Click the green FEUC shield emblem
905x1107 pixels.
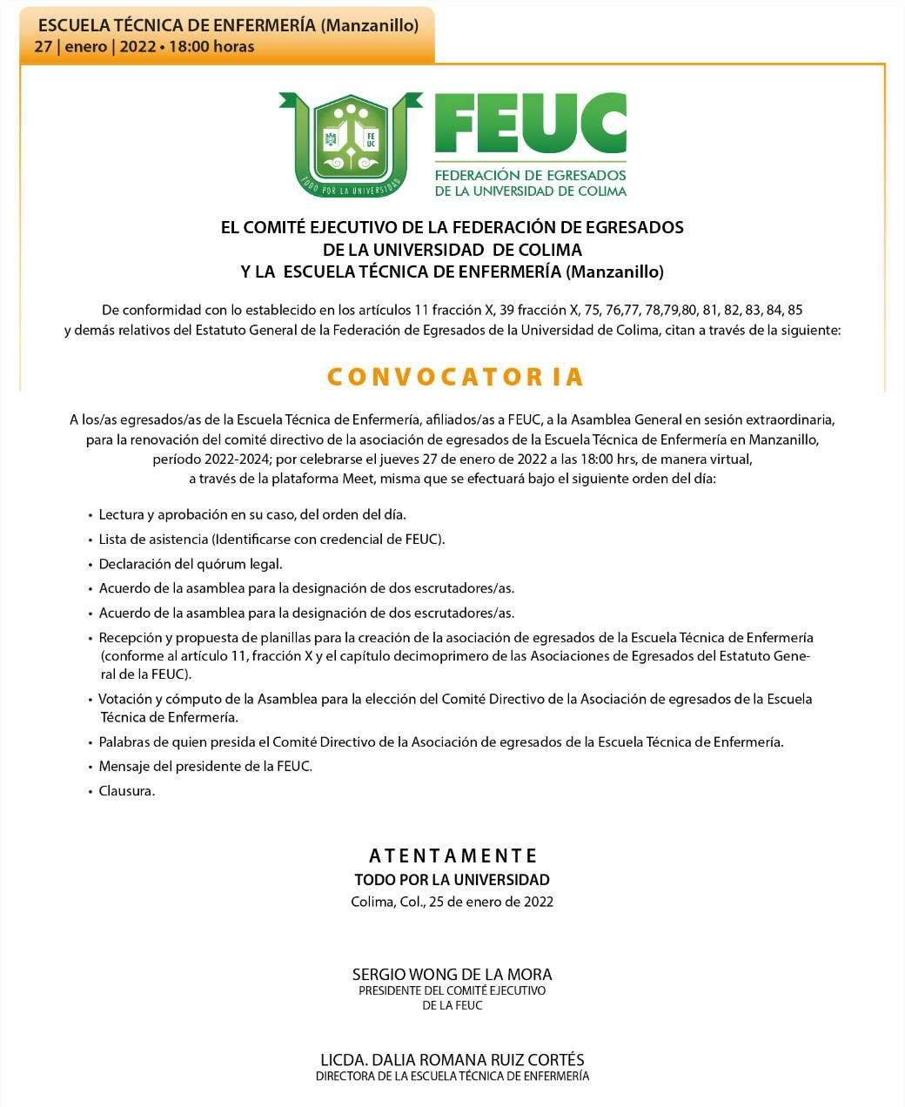tap(351, 144)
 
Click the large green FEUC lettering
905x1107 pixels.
tap(529, 124)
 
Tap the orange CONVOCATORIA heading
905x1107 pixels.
tap(454, 377)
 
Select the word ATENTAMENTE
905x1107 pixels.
tap(452, 856)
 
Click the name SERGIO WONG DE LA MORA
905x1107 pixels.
tap(452, 975)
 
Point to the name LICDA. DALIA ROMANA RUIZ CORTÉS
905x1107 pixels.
tap(452, 1060)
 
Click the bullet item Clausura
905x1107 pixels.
tap(127, 791)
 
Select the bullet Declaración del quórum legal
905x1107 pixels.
tap(191, 564)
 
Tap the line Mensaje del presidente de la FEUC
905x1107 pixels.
tap(205, 767)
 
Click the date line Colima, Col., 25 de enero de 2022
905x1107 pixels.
tap(452, 902)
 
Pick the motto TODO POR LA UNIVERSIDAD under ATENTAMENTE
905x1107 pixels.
tap(452, 880)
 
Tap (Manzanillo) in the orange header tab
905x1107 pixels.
tap(369, 25)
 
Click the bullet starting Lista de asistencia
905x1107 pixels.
tap(271, 540)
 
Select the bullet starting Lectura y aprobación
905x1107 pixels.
tap(252, 515)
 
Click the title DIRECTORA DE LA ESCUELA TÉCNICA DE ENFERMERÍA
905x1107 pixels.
tap(452, 1077)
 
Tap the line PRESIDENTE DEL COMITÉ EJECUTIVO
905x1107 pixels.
tap(452, 991)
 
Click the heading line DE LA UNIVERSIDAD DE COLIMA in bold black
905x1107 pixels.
tap(452, 250)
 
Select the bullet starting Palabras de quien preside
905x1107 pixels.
tap(441, 742)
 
